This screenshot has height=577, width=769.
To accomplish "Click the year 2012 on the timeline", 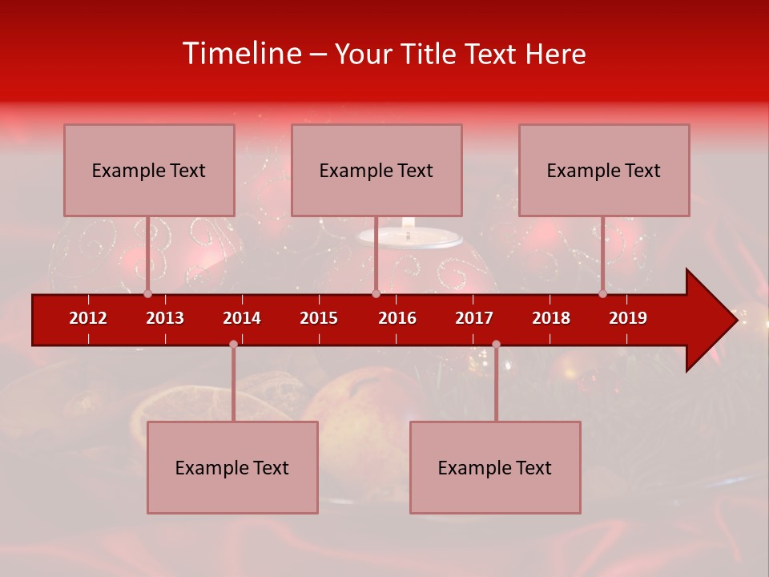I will tap(88, 318).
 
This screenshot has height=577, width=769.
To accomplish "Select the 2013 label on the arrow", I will tap(165, 318).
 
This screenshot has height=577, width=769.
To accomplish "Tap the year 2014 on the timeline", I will tap(242, 318).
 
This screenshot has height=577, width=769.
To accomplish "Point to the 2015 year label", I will tap(319, 318).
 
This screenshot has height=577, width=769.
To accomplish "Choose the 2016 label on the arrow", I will tap(397, 318).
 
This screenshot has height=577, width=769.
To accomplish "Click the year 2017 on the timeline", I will tap(474, 318).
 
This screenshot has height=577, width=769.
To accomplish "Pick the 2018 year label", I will tap(551, 318).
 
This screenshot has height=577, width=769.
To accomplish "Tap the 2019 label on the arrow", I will tap(628, 318).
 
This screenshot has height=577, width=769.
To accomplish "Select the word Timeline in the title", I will tap(241, 54).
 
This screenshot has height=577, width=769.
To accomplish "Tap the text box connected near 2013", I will tap(149, 170).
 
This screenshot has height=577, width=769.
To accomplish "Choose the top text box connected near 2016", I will tap(376, 170).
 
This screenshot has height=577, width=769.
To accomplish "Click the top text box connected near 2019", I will tap(604, 170).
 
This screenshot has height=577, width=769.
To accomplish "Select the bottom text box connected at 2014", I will tap(232, 467).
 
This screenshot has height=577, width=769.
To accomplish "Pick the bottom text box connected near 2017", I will tap(495, 467).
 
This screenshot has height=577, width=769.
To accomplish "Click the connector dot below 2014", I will tap(233, 344).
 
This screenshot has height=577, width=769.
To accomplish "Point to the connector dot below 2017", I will tap(496, 344).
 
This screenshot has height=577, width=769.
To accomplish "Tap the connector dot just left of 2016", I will tap(376, 293).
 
